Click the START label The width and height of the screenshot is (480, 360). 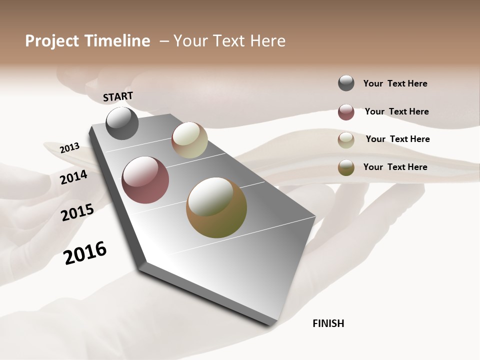118,96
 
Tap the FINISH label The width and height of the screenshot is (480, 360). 328,323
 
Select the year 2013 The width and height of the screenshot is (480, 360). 69,147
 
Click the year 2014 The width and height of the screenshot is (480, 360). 73,177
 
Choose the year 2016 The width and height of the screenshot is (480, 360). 85,252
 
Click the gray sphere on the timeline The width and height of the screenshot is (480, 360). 122,123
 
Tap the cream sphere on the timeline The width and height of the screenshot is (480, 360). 189,140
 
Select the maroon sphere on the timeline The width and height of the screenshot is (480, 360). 145,180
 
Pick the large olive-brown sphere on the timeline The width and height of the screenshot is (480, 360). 216,207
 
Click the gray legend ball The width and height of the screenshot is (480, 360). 346,83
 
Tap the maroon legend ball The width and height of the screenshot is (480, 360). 346,112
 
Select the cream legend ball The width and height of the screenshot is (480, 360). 346,140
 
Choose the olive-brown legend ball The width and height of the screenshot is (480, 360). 346,167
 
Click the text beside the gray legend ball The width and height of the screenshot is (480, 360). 395,83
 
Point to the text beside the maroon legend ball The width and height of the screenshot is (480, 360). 396,111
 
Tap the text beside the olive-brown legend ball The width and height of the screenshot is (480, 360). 395,167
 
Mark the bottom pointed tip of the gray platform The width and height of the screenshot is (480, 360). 272,324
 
